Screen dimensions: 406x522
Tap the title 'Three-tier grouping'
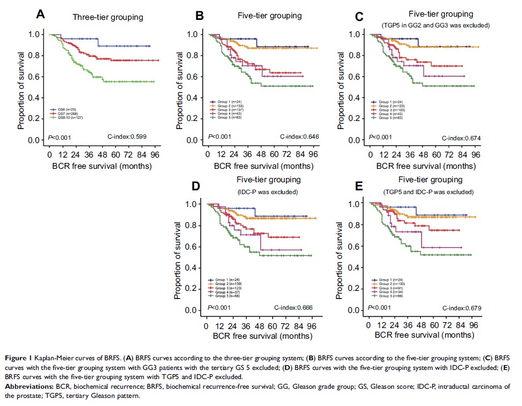(x=108, y=17)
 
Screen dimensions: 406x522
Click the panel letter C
(x=359, y=15)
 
